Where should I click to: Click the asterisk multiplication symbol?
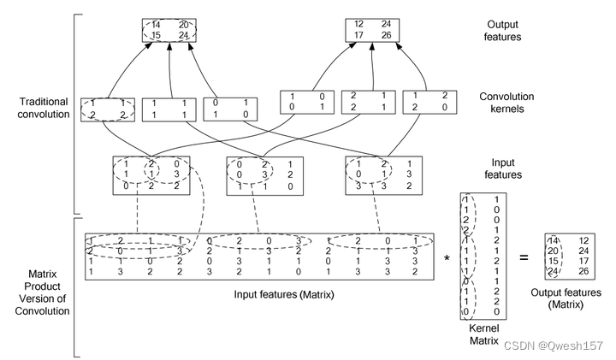(x=447, y=257)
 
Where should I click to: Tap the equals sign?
(x=523, y=257)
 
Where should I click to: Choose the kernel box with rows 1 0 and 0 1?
(x=306, y=102)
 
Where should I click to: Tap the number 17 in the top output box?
(x=360, y=36)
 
